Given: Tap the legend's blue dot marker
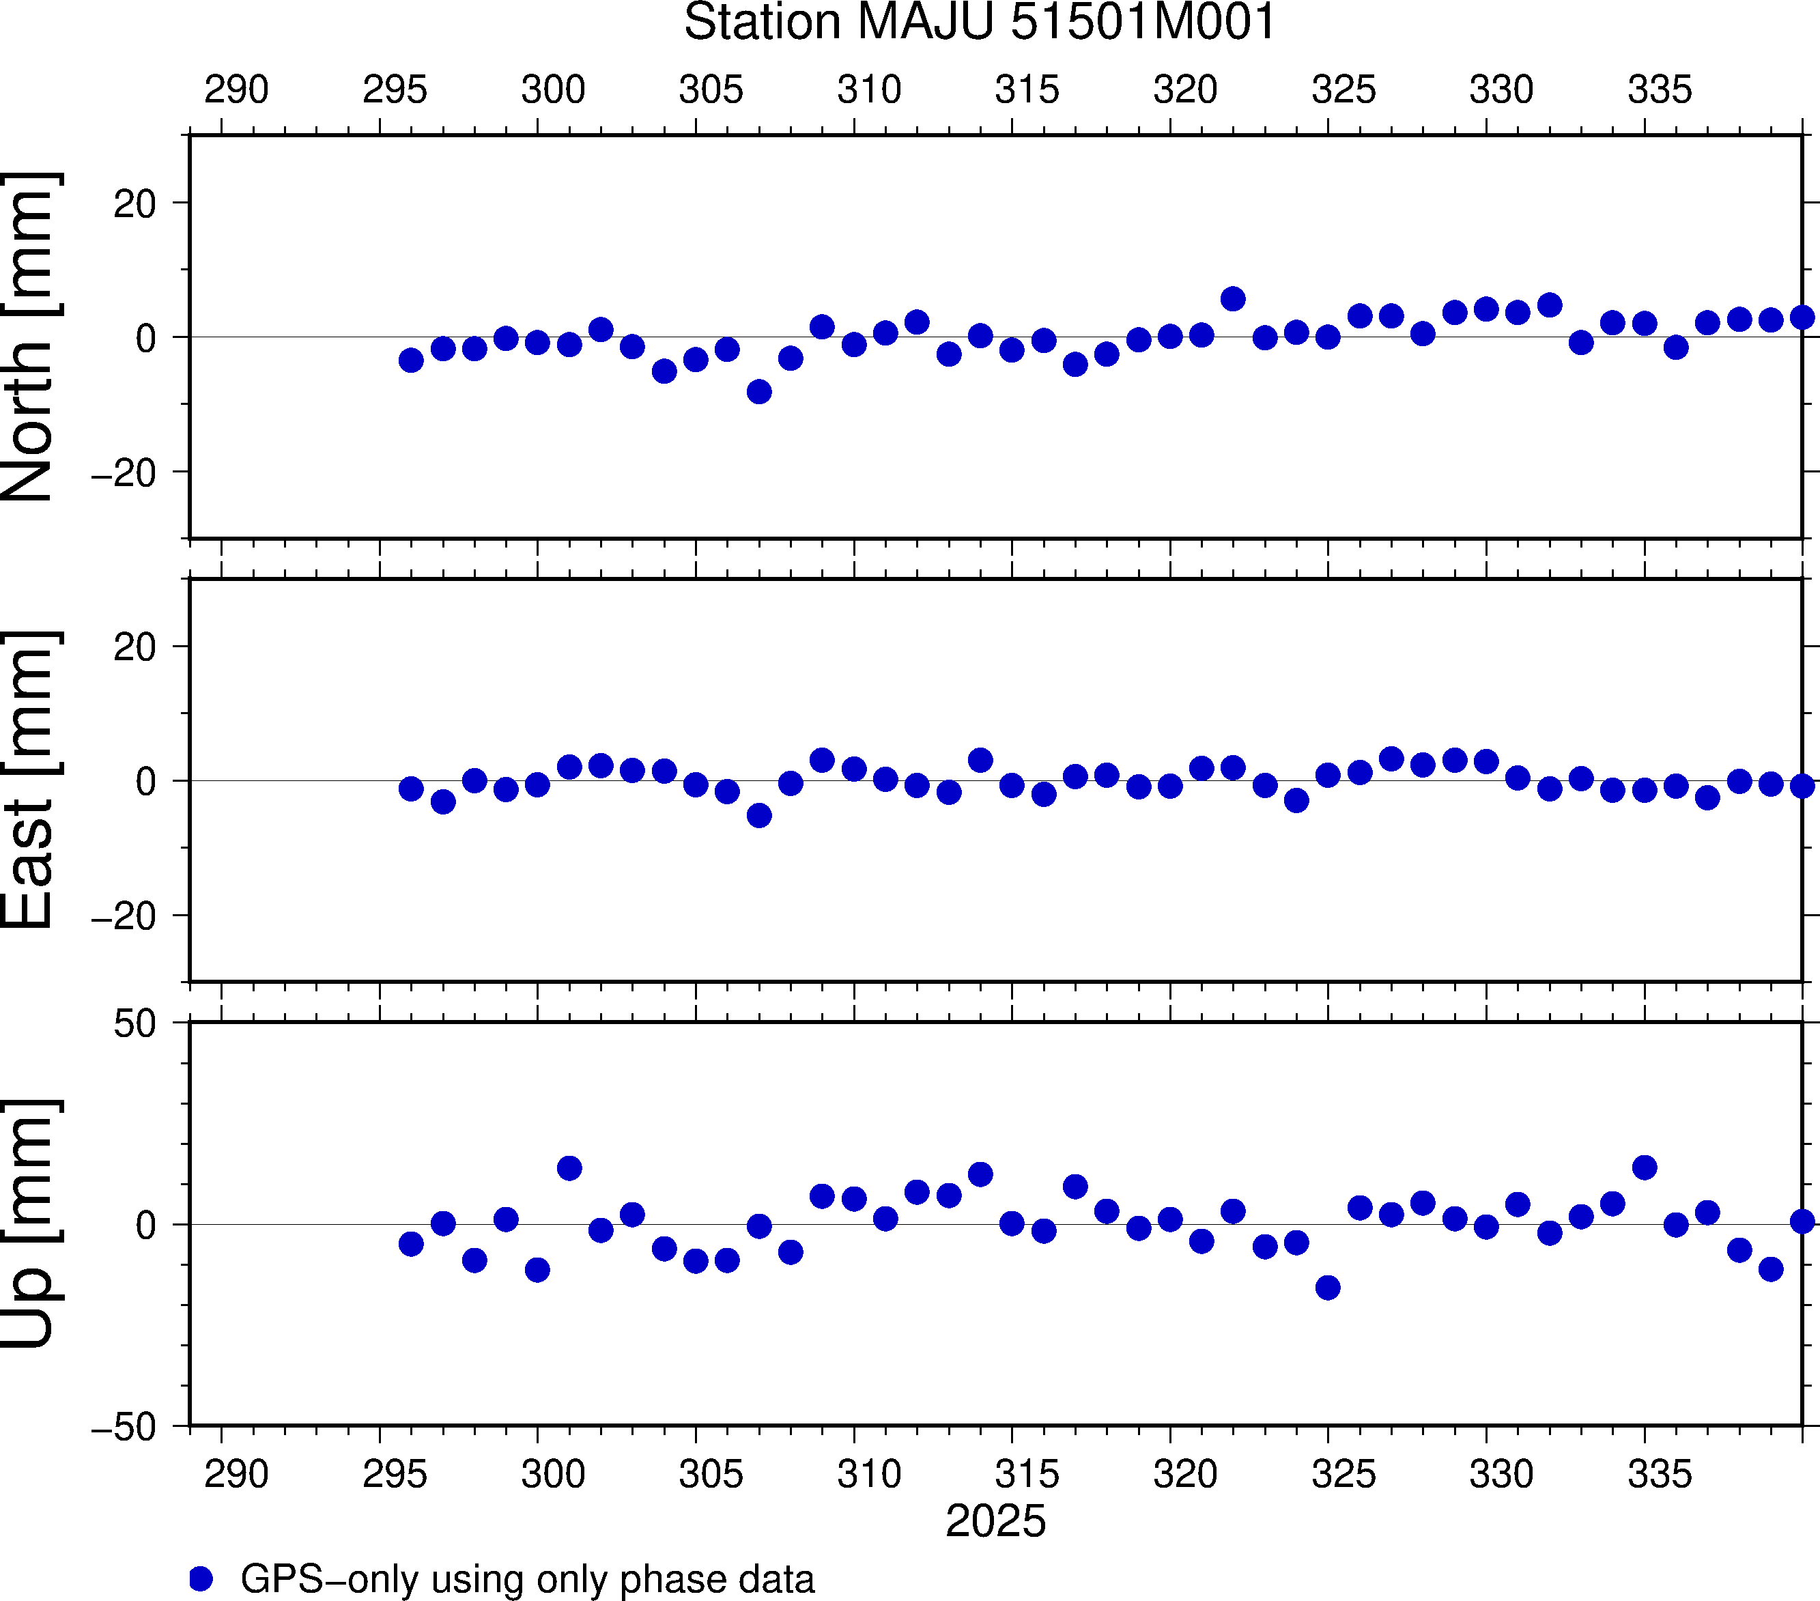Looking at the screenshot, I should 201,1578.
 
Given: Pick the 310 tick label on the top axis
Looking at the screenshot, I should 869,90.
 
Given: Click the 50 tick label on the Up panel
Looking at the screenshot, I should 134,1025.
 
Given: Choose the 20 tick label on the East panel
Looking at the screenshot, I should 134,647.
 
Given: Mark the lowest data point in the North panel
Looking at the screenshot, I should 758,392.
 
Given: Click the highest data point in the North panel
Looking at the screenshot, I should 1232,298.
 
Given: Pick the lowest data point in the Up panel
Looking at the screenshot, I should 1328,1288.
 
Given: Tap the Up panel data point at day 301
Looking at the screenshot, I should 569,1168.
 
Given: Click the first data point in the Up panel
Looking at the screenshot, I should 410,1244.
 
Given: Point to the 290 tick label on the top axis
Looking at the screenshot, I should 236,90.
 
